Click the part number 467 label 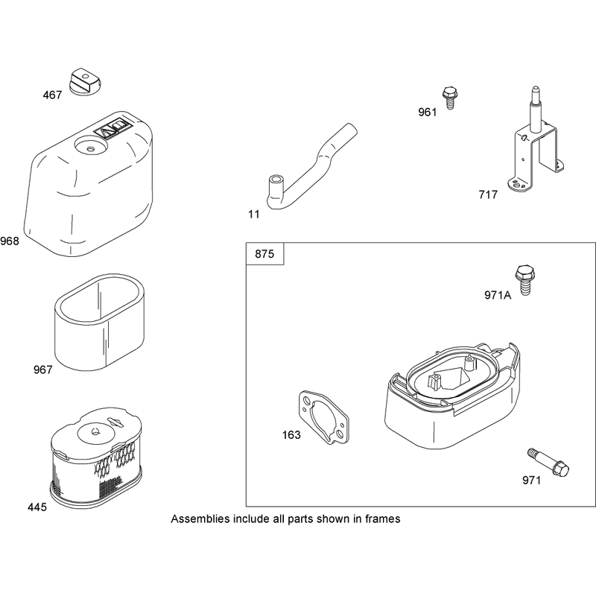[x=52, y=95]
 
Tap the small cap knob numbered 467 [x=84, y=82]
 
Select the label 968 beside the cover [x=10, y=241]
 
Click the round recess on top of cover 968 [x=91, y=145]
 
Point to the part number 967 [x=43, y=370]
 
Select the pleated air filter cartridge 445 [x=96, y=459]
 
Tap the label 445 [x=37, y=507]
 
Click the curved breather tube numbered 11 [x=311, y=167]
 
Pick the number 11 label [x=254, y=215]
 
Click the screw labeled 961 [x=450, y=98]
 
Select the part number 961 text [x=428, y=112]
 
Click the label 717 [x=488, y=194]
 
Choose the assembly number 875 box [x=265, y=253]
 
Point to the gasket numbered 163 [x=323, y=417]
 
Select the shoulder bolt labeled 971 [x=548, y=462]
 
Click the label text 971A [x=498, y=295]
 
